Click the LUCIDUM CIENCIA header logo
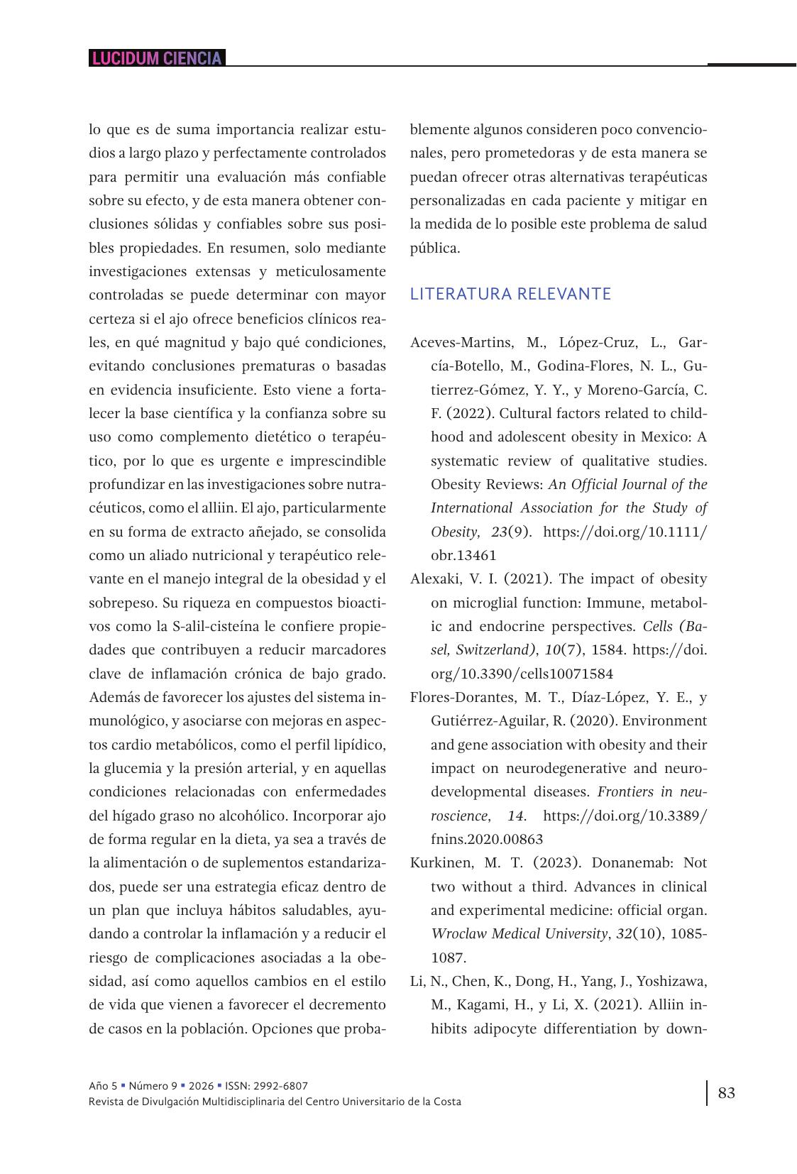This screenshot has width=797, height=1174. click(x=157, y=58)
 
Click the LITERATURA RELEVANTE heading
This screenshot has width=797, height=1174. click(x=510, y=294)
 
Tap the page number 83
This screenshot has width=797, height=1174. click(x=727, y=1092)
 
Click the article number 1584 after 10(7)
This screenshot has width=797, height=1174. click(x=608, y=650)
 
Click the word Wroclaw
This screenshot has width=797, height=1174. click(x=456, y=934)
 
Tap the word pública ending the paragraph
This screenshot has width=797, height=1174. click(x=434, y=248)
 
